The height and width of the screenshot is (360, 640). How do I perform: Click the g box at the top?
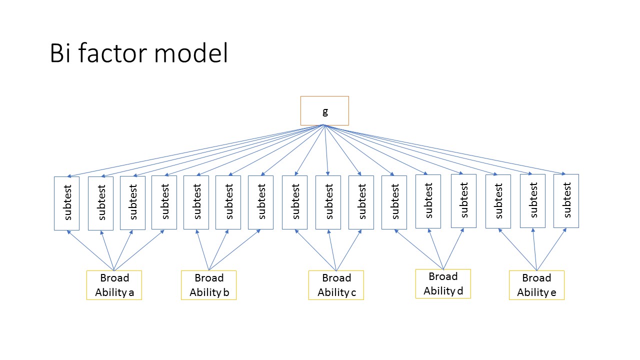pyautogui.click(x=324, y=110)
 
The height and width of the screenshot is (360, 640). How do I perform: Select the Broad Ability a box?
pyautogui.click(x=114, y=285)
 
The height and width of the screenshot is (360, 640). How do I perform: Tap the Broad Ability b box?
pyautogui.click(x=208, y=285)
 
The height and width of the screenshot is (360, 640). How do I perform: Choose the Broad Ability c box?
pyautogui.click(x=336, y=285)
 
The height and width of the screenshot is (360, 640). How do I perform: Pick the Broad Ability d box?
pyautogui.click(x=443, y=283)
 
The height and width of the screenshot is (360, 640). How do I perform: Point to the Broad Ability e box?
pyautogui.click(x=536, y=285)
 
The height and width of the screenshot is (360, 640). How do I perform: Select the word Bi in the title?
pyautogui.click(x=59, y=53)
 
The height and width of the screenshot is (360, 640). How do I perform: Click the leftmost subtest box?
pyautogui.click(x=66, y=203)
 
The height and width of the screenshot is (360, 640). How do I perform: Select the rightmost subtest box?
pyautogui.click(x=566, y=201)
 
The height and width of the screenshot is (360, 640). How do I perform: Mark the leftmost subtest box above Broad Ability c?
pyautogui.click(x=294, y=202)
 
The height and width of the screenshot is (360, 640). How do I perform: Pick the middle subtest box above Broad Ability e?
pyautogui.click(x=532, y=201)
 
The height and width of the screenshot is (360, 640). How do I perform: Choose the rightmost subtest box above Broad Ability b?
pyautogui.click(x=260, y=202)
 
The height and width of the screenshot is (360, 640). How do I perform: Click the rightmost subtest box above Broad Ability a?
pyautogui.click(x=164, y=202)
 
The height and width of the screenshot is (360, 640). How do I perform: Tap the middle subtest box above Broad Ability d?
pyautogui.click(x=428, y=201)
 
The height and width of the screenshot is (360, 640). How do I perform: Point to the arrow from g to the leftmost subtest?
pyautogui.click(x=195, y=150)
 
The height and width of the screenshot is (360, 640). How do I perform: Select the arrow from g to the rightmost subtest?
pyautogui.click(x=445, y=149)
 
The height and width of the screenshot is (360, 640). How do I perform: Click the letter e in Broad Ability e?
pyautogui.click(x=553, y=293)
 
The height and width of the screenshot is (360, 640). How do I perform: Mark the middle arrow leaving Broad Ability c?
pyautogui.click(x=332, y=250)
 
